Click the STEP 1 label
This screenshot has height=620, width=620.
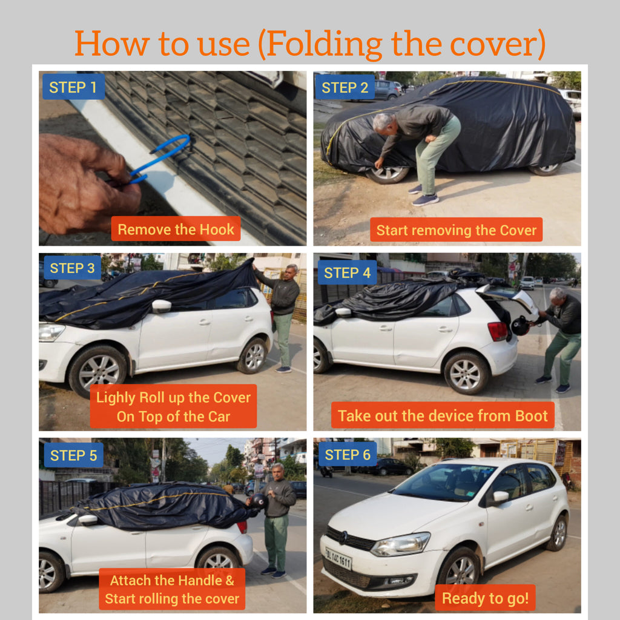pos(73,87)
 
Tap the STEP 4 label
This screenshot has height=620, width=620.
pos(347,272)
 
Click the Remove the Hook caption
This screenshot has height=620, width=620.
pos(176,229)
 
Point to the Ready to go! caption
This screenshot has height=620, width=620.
pos(485,598)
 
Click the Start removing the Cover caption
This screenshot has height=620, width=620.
pos(456,230)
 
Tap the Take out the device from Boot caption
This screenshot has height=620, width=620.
pos(443,415)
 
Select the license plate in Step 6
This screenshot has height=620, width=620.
pos(338,558)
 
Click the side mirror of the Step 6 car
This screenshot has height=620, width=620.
pos(500,497)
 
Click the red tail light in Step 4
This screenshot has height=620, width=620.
pos(498,331)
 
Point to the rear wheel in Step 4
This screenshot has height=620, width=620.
pos(465,372)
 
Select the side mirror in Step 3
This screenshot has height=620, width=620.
pos(161,306)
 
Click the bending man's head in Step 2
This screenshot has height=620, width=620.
pos(381,123)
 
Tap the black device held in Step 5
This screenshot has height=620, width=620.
pos(259,501)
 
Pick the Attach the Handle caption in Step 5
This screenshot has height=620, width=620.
pos(172,589)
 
